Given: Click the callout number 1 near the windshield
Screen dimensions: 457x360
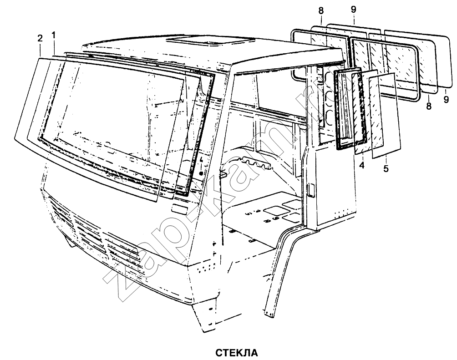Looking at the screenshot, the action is (53, 35).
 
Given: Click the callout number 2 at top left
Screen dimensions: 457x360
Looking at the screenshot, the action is (40, 39).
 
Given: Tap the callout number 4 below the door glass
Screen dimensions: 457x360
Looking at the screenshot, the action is (362, 165).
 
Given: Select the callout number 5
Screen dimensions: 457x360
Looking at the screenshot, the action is (386, 168).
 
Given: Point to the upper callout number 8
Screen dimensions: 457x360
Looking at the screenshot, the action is (321, 11).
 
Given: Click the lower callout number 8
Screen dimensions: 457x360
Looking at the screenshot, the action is (428, 106).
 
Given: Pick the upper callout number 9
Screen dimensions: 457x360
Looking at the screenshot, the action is (353, 10).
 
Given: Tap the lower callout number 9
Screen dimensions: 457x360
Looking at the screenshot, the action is (446, 99).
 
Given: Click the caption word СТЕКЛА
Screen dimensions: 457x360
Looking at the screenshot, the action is (237, 353).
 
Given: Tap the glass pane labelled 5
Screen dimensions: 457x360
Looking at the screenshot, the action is (385, 116).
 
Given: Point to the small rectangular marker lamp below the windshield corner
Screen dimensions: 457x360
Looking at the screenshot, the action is (179, 209).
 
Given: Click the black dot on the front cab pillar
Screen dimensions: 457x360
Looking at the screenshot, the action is (201, 173).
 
